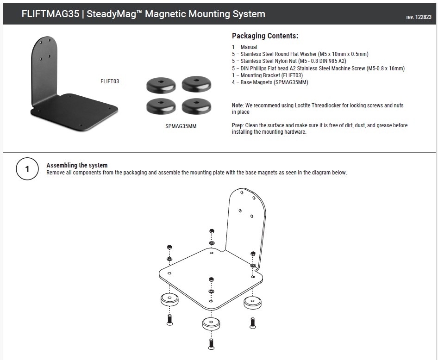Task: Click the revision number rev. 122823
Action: tap(419, 17)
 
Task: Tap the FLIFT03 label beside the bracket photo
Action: tap(110, 81)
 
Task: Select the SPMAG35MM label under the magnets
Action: tap(181, 126)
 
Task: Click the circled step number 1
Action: tap(27, 169)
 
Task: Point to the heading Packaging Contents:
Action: tap(265, 36)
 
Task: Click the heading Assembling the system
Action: tap(77, 165)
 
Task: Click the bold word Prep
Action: tap(237, 125)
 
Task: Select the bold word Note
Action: tap(238, 106)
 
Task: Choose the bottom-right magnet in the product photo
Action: tap(196, 106)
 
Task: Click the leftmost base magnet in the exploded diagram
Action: tap(170, 299)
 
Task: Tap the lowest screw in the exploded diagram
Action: tap(212, 344)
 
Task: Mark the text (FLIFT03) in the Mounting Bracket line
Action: tap(292, 75)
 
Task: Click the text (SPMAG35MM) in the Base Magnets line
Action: tap(291, 82)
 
